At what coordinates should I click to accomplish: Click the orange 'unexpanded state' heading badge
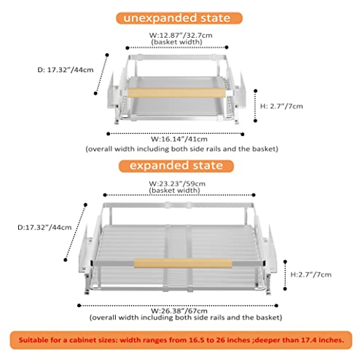(x=179, y=18)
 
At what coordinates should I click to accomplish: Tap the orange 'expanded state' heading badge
(x=176, y=166)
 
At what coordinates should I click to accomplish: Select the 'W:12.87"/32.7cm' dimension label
(x=181, y=36)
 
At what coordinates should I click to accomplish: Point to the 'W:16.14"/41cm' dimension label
(x=179, y=139)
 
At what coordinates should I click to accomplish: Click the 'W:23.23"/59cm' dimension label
(x=177, y=183)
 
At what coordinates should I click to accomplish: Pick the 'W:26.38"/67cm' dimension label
(x=179, y=311)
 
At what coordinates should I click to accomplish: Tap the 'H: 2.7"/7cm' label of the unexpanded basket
(x=281, y=106)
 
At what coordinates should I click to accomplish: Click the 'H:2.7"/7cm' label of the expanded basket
(x=311, y=274)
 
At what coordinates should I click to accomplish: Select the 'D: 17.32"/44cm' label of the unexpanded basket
(x=66, y=70)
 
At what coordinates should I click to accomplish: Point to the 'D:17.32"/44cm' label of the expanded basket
(x=44, y=228)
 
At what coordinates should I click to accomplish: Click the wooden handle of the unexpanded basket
(x=176, y=92)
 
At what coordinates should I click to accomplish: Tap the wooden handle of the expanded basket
(x=183, y=264)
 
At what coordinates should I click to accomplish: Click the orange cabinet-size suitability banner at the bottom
(x=181, y=340)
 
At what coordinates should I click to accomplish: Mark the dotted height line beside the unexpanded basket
(x=255, y=106)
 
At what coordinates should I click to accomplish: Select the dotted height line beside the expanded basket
(x=285, y=275)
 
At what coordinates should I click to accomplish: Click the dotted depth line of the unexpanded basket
(x=101, y=74)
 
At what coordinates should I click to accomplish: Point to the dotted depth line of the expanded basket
(x=75, y=232)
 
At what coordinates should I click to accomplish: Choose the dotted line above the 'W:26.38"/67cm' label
(x=178, y=306)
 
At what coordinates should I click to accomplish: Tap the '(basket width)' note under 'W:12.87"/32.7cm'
(x=177, y=42)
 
